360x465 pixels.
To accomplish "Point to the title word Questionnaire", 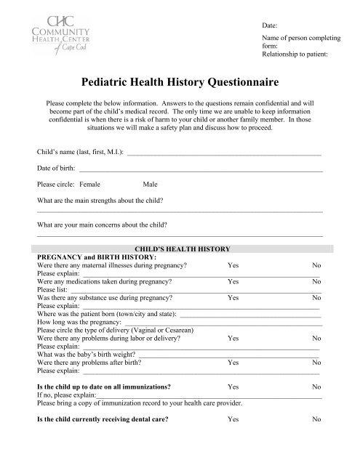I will [x=239, y=84].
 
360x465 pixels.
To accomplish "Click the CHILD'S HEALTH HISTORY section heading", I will [x=179, y=248].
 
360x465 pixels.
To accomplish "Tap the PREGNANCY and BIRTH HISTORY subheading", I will [x=95, y=256].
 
